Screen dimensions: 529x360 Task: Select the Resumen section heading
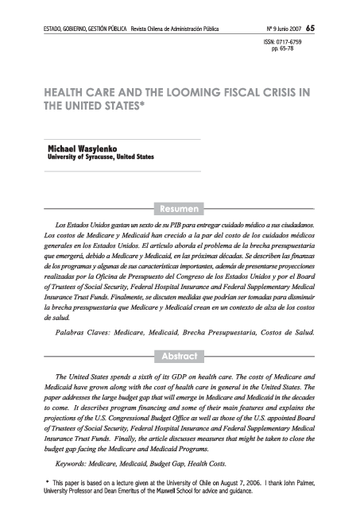(x=180, y=209)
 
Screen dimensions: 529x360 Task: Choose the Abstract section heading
(x=180, y=355)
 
